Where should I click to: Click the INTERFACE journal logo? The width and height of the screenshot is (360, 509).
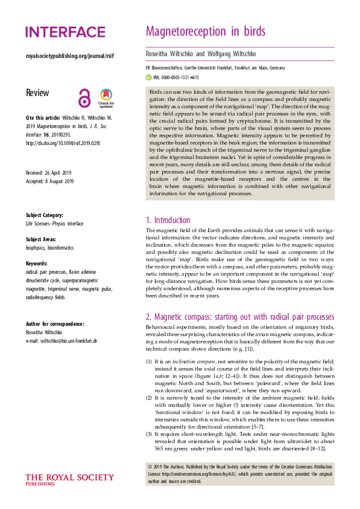65,32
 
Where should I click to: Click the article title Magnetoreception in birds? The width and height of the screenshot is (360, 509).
206,31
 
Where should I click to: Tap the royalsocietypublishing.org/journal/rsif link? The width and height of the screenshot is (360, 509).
70,56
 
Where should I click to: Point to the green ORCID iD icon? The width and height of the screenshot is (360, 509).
149,78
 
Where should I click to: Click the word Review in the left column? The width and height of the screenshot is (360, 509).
38,93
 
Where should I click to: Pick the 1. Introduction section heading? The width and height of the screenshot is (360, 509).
168,221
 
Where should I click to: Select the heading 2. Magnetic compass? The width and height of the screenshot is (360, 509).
240,316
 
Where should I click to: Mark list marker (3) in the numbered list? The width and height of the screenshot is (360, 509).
149,434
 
